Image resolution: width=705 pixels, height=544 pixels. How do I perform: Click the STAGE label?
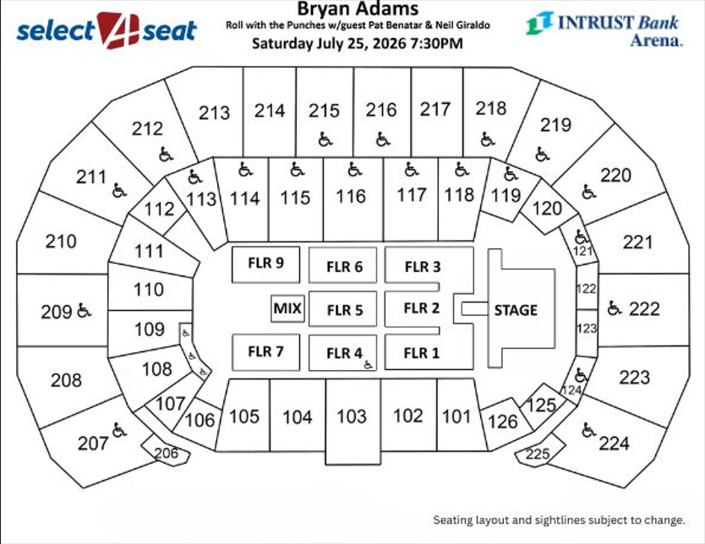(516, 310)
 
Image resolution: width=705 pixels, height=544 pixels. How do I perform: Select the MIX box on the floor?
(287, 309)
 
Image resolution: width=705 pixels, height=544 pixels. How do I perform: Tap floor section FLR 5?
(345, 310)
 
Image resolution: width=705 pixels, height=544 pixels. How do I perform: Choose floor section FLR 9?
(265, 263)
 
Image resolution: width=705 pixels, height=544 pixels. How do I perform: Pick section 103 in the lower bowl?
(352, 416)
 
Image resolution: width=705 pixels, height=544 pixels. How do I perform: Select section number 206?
(166, 454)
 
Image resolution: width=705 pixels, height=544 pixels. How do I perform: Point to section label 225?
(537, 454)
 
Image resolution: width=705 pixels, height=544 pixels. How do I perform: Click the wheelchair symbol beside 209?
(84, 312)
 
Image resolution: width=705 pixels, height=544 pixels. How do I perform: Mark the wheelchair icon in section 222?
(614, 308)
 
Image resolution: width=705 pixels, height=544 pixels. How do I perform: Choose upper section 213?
(214, 112)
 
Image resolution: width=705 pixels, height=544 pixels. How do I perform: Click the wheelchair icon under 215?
(325, 139)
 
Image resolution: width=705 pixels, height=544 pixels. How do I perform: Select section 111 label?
(149, 251)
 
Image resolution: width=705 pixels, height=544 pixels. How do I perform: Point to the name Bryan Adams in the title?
(358, 10)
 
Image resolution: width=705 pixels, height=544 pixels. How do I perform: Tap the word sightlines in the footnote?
(560, 520)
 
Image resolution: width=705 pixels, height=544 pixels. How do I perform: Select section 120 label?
(547, 208)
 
